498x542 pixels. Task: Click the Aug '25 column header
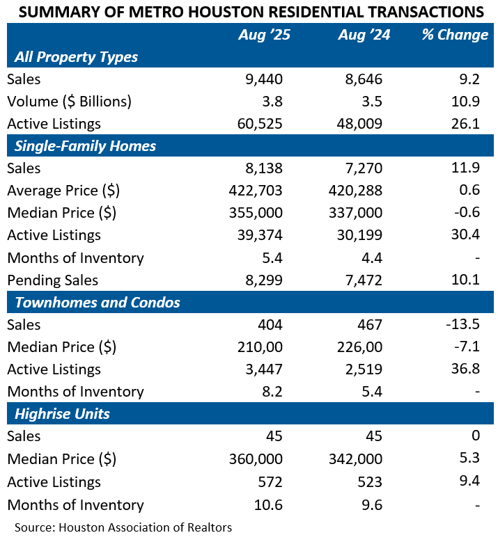click(x=265, y=35)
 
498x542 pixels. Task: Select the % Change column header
click(x=455, y=35)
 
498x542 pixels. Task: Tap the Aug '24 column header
click(x=364, y=35)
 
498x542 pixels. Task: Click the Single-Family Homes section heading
click(x=85, y=146)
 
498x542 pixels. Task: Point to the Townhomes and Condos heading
click(x=98, y=303)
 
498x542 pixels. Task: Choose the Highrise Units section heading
click(x=62, y=414)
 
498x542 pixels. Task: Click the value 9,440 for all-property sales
click(x=264, y=79)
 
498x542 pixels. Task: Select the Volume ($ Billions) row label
click(x=69, y=102)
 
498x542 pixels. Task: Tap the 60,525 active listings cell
click(x=260, y=124)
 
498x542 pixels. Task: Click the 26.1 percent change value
click(x=465, y=124)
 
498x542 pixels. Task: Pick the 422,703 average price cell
click(x=256, y=191)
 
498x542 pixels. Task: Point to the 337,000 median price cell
click(x=355, y=213)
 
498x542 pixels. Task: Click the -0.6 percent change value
click(x=467, y=212)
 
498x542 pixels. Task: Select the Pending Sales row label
click(x=53, y=280)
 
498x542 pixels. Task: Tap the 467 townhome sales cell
click(x=370, y=325)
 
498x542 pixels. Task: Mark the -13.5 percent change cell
click(x=463, y=324)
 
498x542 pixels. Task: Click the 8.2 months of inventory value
click(x=272, y=392)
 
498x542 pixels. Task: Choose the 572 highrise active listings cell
click(x=270, y=482)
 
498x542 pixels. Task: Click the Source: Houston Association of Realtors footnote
click(x=123, y=527)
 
